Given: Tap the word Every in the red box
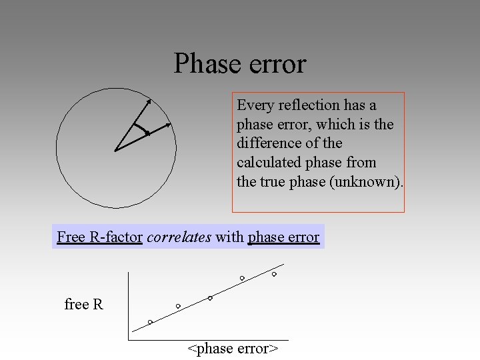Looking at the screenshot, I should coord(255,105).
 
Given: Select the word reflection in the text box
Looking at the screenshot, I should coord(309,105).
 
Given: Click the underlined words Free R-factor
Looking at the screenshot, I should coord(100,237).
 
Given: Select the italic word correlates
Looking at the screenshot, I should coord(179,237).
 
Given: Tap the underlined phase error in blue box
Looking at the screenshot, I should coord(283,237).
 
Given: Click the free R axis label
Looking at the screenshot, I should coord(84,305).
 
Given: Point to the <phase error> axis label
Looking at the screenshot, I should coord(233,349).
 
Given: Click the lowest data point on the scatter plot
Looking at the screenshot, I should coord(150,322).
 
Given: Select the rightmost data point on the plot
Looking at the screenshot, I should coord(274,274).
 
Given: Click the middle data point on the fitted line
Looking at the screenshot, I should coord(210,298).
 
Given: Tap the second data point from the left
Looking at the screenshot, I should coord(178,306).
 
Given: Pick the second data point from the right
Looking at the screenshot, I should coord(242,278).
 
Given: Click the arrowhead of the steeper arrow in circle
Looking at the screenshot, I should coord(149,101).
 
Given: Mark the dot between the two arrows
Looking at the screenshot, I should coord(147,133).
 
